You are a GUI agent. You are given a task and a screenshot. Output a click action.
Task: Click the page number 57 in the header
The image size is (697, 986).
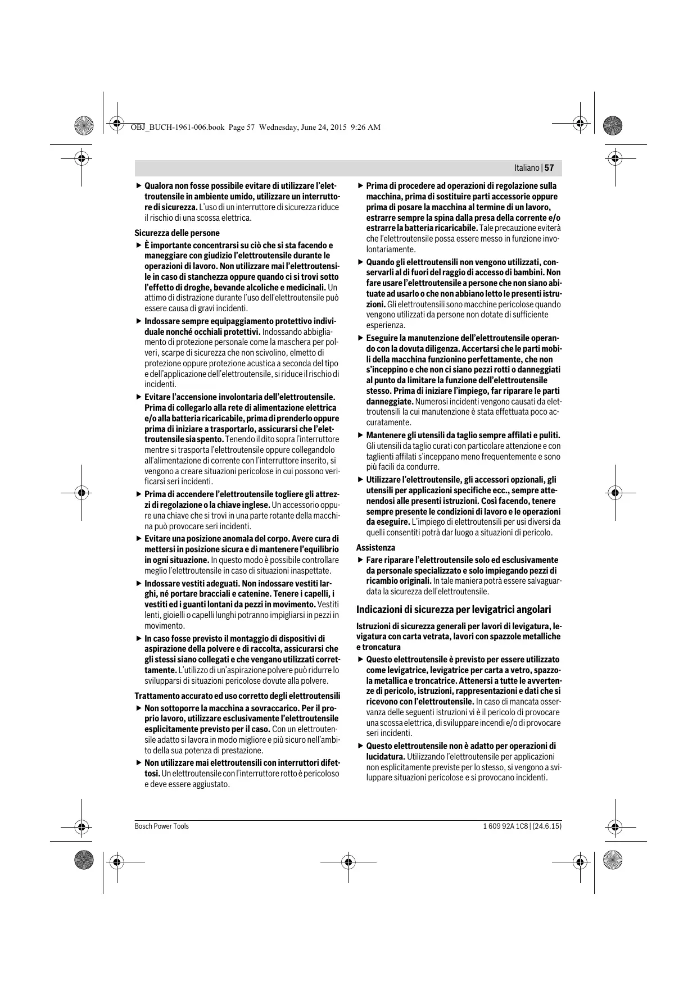[549, 168]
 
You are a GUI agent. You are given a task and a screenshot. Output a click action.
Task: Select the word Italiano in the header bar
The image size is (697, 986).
[526, 168]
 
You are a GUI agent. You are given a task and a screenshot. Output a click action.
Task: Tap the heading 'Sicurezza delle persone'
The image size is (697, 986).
[176, 233]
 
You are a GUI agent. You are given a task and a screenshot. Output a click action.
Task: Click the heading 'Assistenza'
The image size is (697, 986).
[375, 548]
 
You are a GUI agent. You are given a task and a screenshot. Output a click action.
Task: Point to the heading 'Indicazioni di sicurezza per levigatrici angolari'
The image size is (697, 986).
[454, 610]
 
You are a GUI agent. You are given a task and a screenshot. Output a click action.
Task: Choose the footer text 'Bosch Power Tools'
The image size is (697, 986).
[161, 826]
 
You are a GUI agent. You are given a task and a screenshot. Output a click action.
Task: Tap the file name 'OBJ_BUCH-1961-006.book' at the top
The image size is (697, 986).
[177, 128]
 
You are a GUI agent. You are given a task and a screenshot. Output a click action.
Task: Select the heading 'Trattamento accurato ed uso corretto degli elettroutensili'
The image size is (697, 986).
[237, 696]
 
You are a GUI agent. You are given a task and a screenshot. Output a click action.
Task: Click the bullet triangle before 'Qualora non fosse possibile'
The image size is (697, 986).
[139, 186]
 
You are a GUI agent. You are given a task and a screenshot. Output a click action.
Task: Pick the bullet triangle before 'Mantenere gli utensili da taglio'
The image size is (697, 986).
[360, 435]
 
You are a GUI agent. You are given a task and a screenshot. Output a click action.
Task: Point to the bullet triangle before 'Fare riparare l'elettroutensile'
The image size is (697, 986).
[360, 560]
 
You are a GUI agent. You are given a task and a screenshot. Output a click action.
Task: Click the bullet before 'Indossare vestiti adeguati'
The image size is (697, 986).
[139, 584]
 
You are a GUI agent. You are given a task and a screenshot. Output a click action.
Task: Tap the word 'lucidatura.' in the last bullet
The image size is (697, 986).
[386, 757]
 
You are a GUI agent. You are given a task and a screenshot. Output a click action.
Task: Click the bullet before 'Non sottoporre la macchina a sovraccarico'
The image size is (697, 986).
[139, 708]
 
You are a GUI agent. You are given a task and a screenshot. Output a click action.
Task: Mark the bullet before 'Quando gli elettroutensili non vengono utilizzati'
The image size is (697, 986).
[360, 262]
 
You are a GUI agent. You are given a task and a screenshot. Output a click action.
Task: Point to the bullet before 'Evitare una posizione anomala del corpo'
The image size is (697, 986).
[139, 539]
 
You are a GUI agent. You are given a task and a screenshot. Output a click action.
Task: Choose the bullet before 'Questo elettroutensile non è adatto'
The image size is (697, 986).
[360, 746]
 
